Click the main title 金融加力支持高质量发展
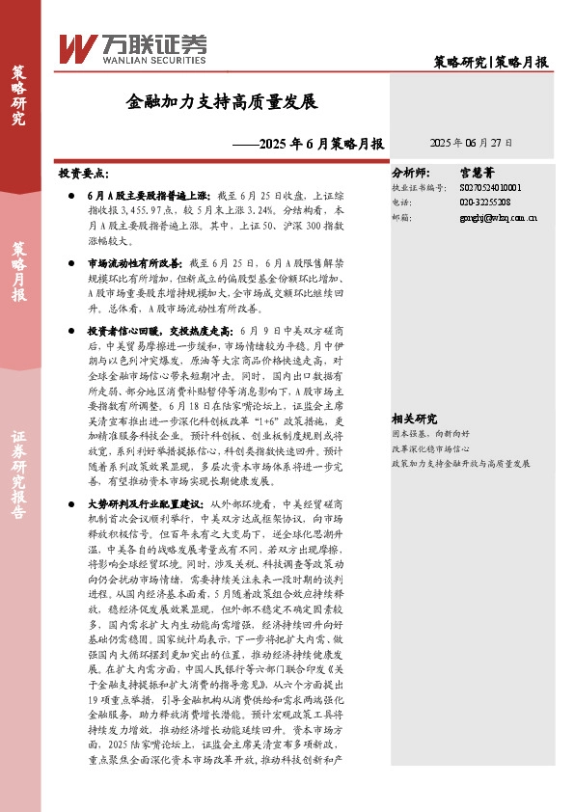[222, 100]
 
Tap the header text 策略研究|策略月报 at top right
[491, 62]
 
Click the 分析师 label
[413, 172]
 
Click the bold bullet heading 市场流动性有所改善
[134, 263]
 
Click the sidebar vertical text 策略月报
[18, 273]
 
